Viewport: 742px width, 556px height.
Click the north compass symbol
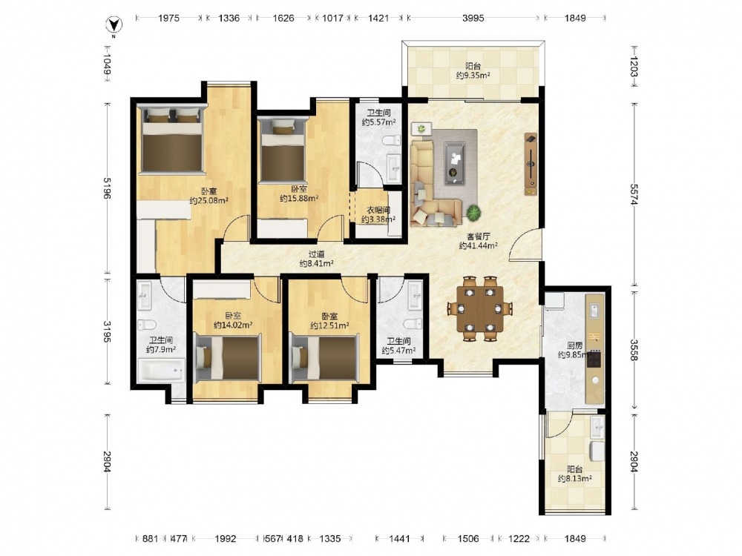point(114,24)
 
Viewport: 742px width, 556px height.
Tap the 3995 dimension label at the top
point(473,18)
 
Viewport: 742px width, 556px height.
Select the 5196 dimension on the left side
point(106,188)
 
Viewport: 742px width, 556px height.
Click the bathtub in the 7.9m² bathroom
point(160,370)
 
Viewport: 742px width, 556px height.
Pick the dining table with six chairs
point(480,308)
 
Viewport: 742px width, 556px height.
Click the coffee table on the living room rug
point(454,162)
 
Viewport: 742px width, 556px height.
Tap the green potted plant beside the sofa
point(473,212)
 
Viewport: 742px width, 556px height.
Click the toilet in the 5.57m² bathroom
point(391,140)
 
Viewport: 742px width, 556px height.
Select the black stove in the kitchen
point(594,359)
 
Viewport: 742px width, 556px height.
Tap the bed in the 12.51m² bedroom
point(324,357)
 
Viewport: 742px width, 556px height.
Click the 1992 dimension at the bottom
point(226,538)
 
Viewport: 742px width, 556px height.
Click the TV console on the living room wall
point(531,164)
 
